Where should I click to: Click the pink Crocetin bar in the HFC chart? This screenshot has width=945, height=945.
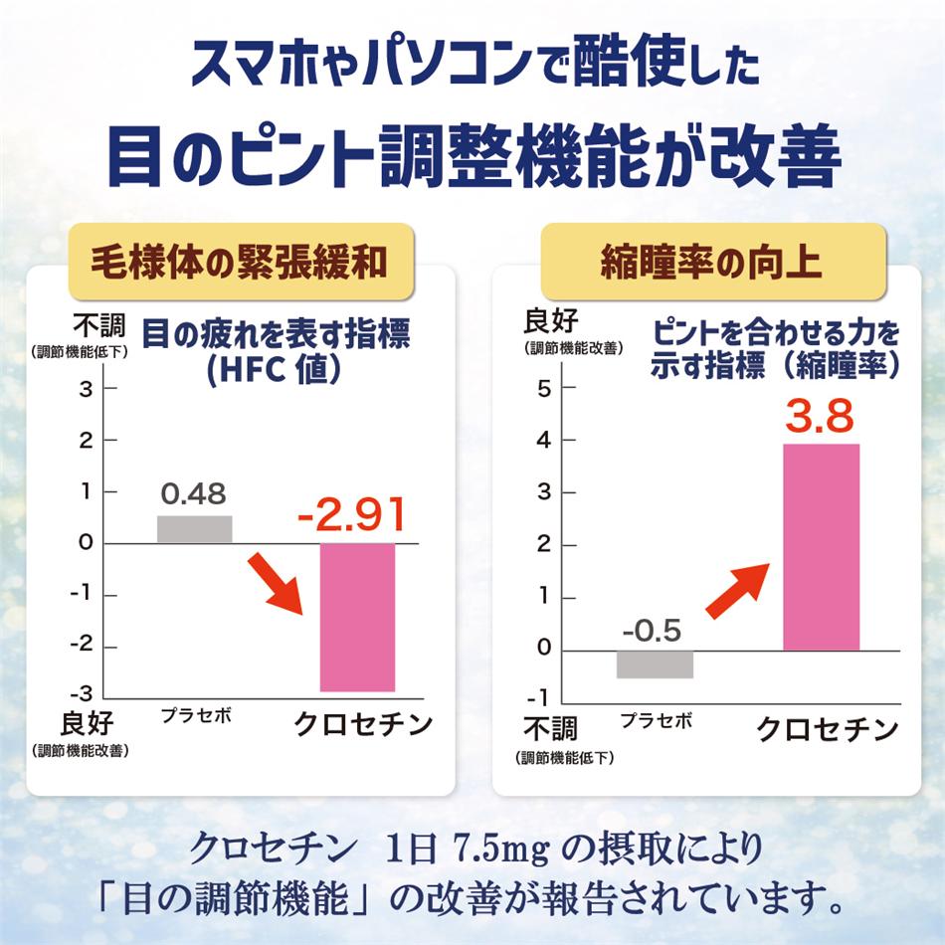pyautogui.click(x=357, y=617)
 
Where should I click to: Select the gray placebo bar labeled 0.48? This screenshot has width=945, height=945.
pyautogui.click(x=195, y=529)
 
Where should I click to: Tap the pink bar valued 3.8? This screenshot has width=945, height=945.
pyautogui.click(x=821, y=547)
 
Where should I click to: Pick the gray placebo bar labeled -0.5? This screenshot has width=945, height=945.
pyautogui.click(x=655, y=663)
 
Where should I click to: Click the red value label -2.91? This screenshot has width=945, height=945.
pyautogui.click(x=351, y=515)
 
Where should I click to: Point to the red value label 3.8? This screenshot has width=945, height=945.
pyautogui.click(x=820, y=416)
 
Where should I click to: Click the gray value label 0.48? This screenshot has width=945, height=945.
pyautogui.click(x=193, y=493)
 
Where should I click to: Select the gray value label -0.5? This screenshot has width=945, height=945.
pyautogui.click(x=653, y=630)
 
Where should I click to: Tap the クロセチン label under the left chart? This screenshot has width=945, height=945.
pyautogui.click(x=363, y=724)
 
